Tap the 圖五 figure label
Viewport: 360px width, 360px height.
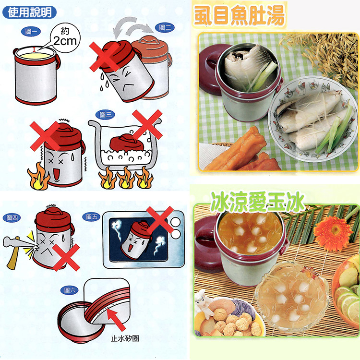[x=92, y=217]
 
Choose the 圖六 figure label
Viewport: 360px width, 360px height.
[x=70, y=289]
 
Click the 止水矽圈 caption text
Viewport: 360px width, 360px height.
[x=125, y=338]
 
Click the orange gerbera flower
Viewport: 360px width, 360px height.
[x=333, y=233]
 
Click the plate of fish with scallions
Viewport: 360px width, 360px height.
[x=312, y=120]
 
